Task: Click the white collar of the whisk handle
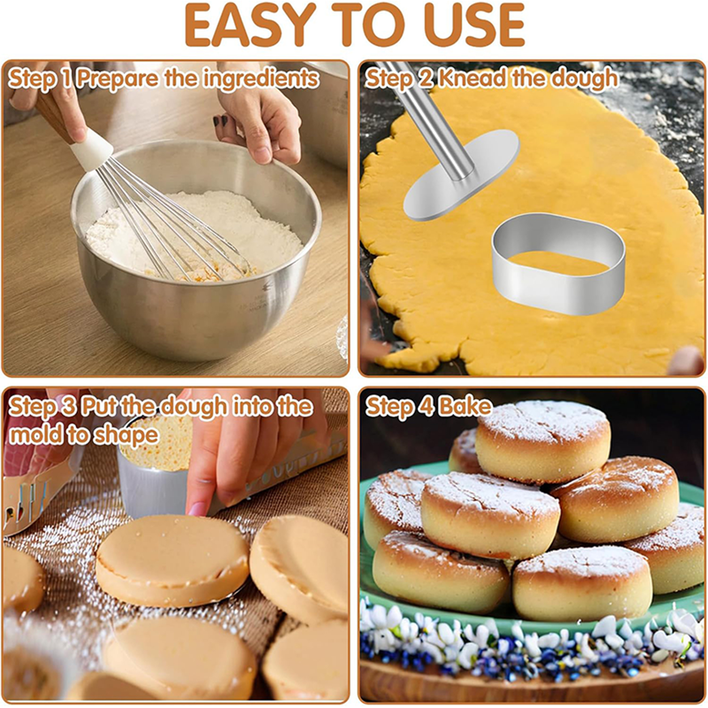tap(92, 150)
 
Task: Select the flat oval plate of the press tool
tap(460, 177)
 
